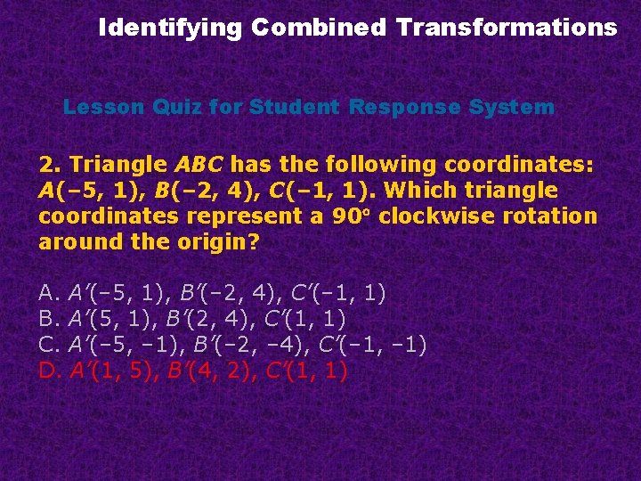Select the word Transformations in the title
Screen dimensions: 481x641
(507, 28)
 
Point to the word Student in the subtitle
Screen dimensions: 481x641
(293, 108)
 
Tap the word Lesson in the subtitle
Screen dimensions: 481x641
(97, 108)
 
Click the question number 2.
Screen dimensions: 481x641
(47, 165)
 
